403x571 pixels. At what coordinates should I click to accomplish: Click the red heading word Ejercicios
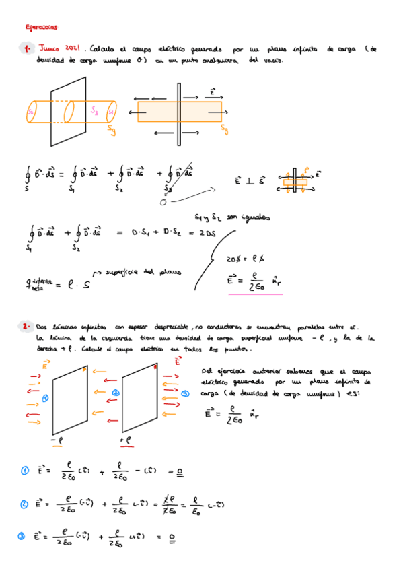coord(41,28)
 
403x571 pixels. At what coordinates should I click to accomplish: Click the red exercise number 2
coord(25,326)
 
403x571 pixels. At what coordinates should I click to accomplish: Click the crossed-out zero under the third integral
coord(163,201)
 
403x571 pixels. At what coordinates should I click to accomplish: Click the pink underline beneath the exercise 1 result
coord(255,294)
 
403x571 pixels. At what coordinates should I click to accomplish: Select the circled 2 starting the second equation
coord(24,502)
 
